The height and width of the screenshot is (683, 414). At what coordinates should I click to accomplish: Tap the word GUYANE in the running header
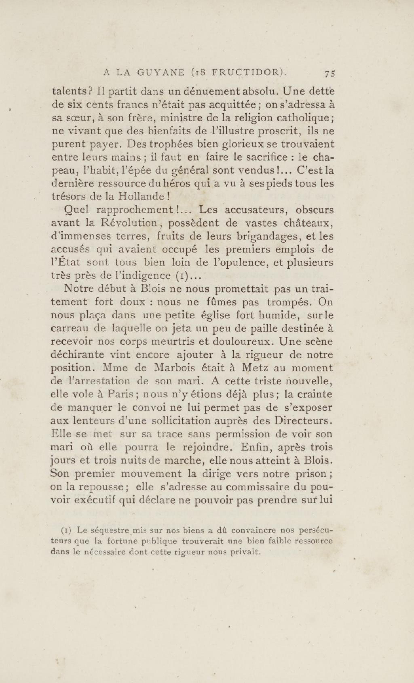point(161,73)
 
